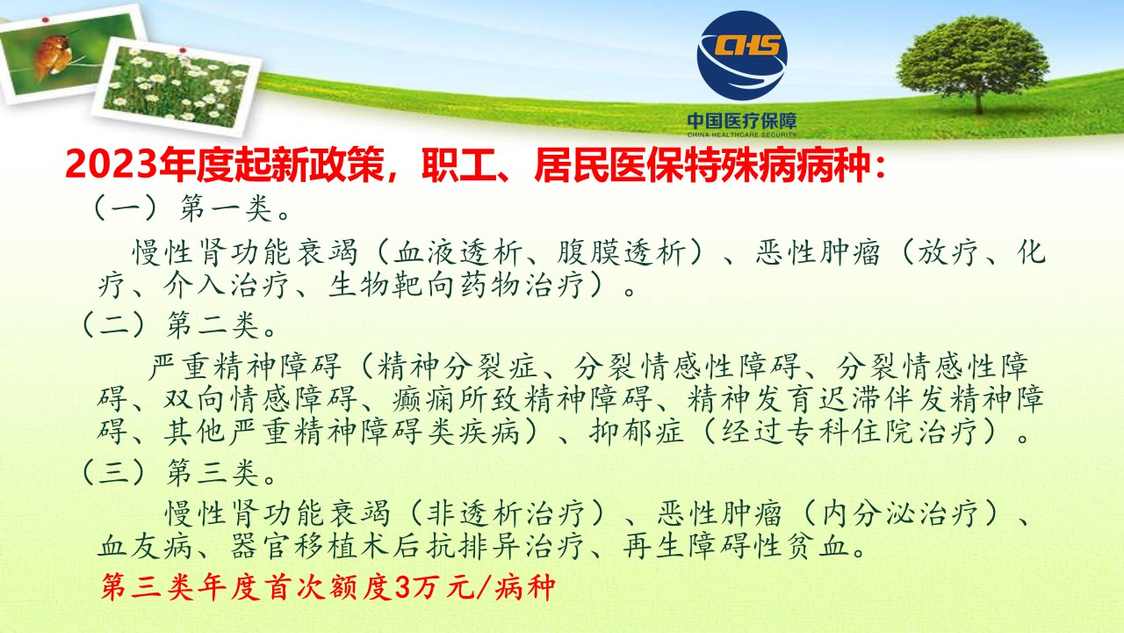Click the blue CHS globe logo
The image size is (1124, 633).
tap(742, 55)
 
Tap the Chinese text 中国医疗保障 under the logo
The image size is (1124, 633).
tap(742, 121)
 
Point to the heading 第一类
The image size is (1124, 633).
tap(227, 209)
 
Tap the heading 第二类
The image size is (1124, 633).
tap(213, 325)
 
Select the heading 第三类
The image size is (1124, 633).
tap(213, 473)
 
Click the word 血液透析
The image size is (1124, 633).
tap(456, 252)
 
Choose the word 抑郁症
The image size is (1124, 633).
tap(637, 432)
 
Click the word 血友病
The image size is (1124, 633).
tap(145, 546)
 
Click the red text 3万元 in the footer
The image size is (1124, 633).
tap(434, 586)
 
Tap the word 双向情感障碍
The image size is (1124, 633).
tap(260, 399)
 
